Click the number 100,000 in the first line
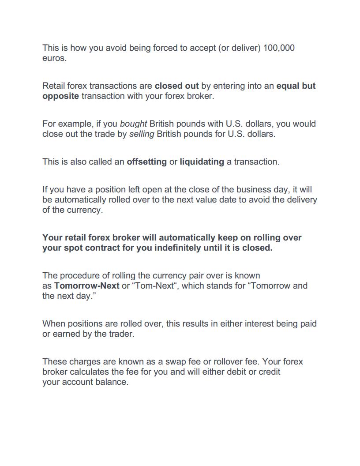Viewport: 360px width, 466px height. [x=278, y=48]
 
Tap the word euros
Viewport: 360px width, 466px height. [x=54, y=58]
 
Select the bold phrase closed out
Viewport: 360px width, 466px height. [x=176, y=86]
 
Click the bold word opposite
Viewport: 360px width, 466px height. [x=60, y=96]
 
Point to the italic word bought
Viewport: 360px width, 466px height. [x=133, y=124]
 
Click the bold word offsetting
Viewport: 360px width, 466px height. [x=146, y=162]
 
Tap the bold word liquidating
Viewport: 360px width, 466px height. [x=202, y=162]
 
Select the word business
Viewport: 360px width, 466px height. [x=253, y=189]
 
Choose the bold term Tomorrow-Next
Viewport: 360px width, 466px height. [x=86, y=286]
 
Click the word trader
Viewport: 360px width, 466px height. [x=120, y=334]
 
